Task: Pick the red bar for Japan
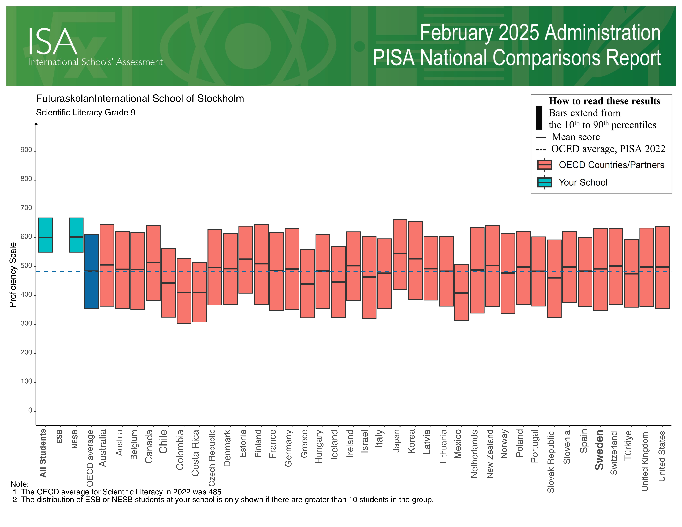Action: click(400, 254)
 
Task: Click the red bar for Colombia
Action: click(184, 291)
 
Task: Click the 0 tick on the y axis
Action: click(30, 411)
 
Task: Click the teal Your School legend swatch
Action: click(544, 182)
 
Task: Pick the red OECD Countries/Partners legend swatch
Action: click(544, 165)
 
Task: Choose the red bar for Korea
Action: click(415, 260)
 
